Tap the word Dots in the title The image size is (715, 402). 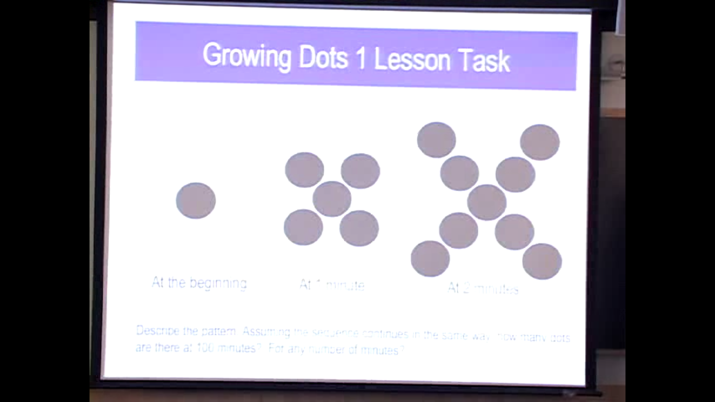(323, 58)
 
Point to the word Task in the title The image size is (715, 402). (484, 61)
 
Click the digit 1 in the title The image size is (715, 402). (361, 59)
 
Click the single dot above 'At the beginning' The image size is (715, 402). (196, 200)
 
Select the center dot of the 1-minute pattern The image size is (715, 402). (332, 199)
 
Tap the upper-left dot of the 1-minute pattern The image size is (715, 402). (304, 170)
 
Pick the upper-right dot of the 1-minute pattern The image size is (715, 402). (360, 171)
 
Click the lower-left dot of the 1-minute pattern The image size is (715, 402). (304, 227)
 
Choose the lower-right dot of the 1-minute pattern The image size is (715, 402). (359, 228)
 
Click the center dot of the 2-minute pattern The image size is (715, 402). (487, 202)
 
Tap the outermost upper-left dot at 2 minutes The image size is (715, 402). (437, 140)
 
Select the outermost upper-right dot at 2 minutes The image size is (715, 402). (540, 142)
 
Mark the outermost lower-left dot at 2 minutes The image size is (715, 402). (430, 259)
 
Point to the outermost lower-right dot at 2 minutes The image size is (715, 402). (542, 261)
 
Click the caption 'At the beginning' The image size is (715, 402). (199, 283)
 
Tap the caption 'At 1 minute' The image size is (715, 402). (332, 285)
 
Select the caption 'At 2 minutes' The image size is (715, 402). (483, 288)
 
